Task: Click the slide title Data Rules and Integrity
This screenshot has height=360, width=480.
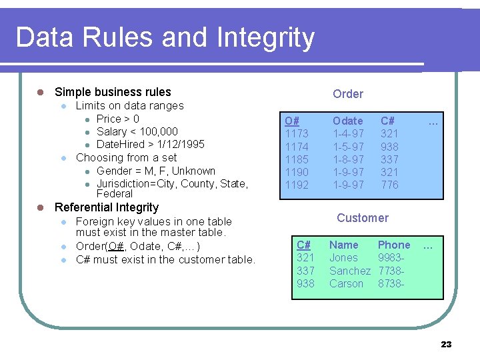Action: click(165, 37)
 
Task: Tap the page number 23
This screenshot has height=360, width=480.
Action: click(446, 344)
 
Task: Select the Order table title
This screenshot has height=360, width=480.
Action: click(348, 94)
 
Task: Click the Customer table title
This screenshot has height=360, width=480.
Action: click(362, 218)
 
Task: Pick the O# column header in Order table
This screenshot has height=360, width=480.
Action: click(291, 121)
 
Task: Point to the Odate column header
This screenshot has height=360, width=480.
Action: click(348, 121)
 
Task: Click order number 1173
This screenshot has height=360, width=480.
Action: click(297, 134)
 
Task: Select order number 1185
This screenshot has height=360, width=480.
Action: click(297, 159)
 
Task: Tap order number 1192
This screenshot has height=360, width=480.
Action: click(297, 185)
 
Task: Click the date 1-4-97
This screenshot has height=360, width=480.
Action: click(348, 134)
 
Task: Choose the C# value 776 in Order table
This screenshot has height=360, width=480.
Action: click(389, 185)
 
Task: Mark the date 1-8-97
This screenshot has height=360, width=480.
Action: click(348, 159)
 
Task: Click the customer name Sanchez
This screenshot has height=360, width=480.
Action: click(349, 271)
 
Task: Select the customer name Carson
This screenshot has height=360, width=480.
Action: click(347, 283)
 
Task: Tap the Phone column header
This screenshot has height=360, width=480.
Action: click(394, 245)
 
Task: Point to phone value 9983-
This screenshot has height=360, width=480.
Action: click(390, 258)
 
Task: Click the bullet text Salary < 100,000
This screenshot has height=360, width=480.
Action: click(137, 132)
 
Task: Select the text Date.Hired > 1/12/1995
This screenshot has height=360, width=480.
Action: click(151, 145)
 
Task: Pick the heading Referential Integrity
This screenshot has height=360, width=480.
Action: click(107, 207)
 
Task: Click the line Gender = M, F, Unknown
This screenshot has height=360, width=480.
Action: click(156, 171)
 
